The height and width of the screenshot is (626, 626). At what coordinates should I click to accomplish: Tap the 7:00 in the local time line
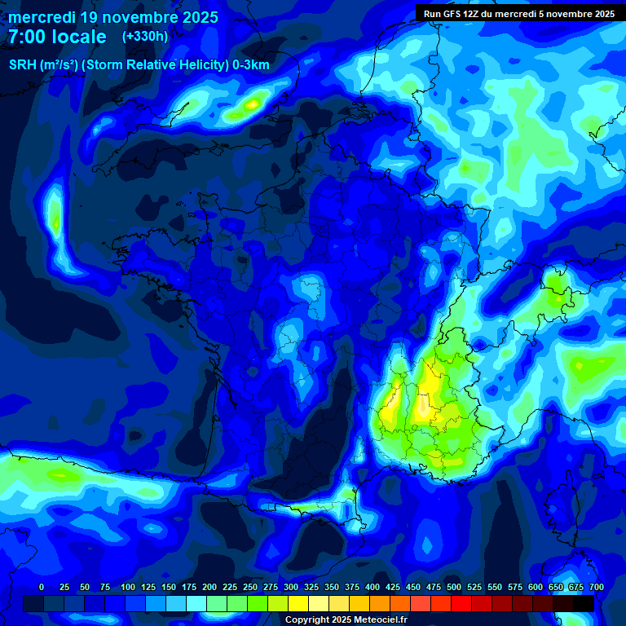(x=24, y=37)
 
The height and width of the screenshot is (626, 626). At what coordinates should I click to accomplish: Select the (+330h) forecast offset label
(x=145, y=37)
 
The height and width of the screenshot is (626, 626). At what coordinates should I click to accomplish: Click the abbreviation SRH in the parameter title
(x=23, y=65)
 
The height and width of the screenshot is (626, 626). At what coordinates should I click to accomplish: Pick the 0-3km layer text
(x=251, y=65)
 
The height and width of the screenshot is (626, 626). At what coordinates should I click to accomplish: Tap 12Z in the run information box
(x=474, y=14)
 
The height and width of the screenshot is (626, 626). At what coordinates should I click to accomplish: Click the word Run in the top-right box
(x=432, y=14)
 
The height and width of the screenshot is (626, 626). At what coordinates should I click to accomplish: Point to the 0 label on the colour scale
(x=42, y=587)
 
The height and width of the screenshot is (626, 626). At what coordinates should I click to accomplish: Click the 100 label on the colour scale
(x=128, y=587)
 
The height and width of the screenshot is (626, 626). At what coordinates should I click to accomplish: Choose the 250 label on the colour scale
(x=250, y=587)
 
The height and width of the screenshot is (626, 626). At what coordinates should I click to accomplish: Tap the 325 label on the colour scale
(x=311, y=587)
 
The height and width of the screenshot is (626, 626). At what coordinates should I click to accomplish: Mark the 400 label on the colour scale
(x=373, y=587)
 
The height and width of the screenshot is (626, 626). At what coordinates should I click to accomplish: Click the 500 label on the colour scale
(x=454, y=587)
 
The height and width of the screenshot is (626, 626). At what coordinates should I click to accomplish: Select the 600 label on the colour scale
(x=536, y=587)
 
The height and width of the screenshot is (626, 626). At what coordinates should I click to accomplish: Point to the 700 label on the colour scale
(x=597, y=587)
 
